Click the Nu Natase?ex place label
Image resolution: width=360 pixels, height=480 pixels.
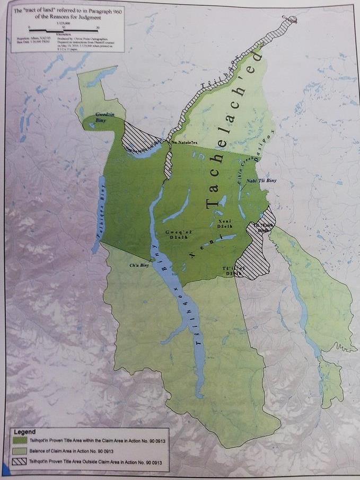(186, 143)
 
